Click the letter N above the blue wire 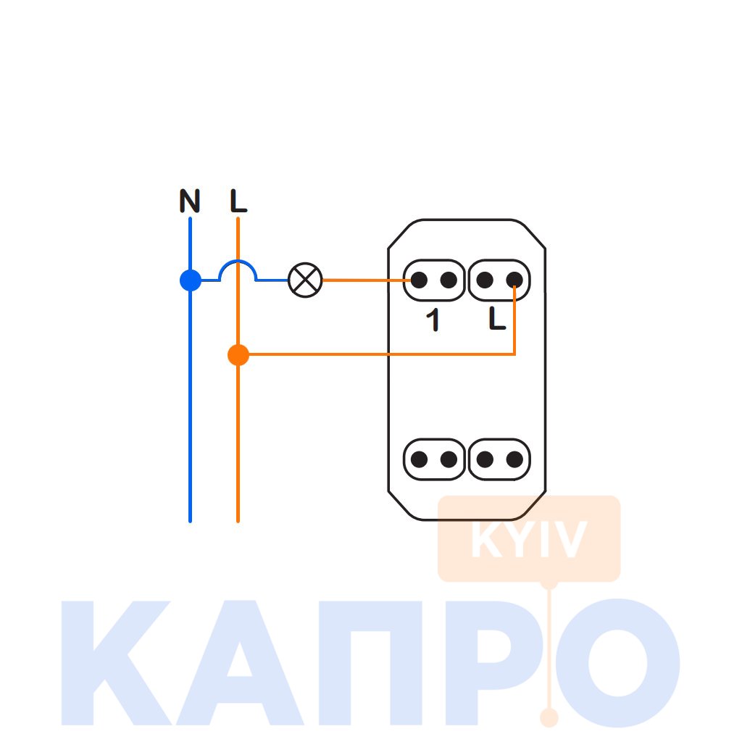pos(190,201)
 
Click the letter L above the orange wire pos(238,201)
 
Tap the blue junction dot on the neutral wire pos(190,280)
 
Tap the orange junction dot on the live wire pos(238,355)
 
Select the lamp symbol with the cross pos(305,280)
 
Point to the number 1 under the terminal pos(433,320)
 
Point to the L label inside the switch pos(497,320)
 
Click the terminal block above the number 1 pos(433,280)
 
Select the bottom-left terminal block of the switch pos(433,459)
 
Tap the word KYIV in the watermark pos(528,541)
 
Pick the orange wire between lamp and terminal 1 pos(362,280)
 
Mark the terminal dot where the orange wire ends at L pos(514,280)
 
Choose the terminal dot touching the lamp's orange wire pos(419,280)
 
